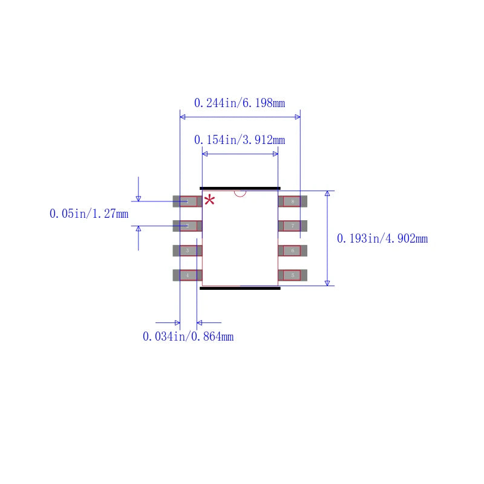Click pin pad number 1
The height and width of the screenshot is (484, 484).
(x=188, y=201)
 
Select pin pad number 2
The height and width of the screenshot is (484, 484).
(x=188, y=226)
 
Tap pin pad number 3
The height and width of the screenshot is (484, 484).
(x=188, y=250)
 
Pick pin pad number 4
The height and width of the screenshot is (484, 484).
(x=188, y=275)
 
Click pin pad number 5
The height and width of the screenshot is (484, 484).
(x=293, y=275)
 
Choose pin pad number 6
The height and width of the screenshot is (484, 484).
(x=293, y=250)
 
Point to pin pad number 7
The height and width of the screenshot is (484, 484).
(x=293, y=226)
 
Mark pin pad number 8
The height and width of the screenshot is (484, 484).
(x=293, y=201)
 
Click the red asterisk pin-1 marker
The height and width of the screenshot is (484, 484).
(x=209, y=200)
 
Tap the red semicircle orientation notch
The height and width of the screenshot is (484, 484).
(x=240, y=194)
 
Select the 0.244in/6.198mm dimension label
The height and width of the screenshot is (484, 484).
(x=240, y=103)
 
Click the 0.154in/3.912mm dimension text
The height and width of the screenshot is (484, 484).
(x=240, y=140)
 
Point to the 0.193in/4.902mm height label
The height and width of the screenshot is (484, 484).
(x=382, y=239)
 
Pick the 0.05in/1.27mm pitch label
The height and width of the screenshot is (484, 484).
(x=89, y=214)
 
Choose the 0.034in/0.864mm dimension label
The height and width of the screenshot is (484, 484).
(x=188, y=337)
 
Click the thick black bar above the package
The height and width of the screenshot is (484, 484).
(x=240, y=188)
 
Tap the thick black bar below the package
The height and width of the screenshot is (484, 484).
(x=240, y=288)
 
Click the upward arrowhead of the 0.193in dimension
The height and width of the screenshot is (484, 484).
(x=327, y=194)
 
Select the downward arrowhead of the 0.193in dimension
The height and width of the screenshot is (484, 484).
(x=327, y=283)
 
